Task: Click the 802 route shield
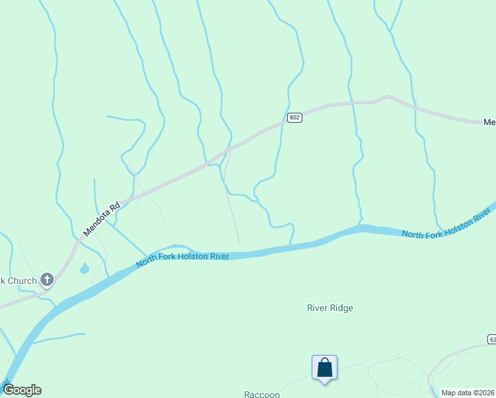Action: pos(295,118)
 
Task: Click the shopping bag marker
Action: pos(324,367)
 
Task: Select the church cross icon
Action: pos(46,279)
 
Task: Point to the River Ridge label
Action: pos(330,308)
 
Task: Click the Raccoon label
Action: pos(262,394)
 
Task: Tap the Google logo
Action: pos(22,390)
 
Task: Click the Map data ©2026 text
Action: pos(467,393)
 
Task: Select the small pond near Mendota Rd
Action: pos(84,269)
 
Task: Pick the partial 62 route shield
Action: pos(491,340)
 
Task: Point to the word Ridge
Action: pos(343,308)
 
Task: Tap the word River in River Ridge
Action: pos(318,308)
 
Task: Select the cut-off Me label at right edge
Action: pos(489,122)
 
